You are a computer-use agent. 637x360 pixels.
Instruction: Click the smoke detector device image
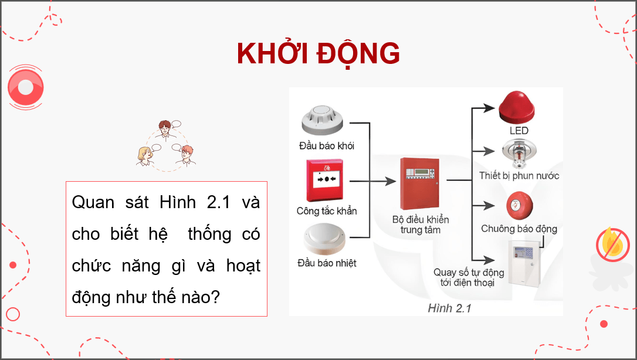point(326,120)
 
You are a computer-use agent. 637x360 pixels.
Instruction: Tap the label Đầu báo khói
point(327,145)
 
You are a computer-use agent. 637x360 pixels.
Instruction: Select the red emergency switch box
point(327,178)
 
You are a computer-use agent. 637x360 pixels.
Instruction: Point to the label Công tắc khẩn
point(327,210)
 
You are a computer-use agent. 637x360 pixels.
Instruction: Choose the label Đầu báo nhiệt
point(327,263)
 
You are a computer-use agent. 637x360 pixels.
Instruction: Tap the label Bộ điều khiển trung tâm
point(421,225)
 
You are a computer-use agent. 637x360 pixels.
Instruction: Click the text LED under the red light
point(519,130)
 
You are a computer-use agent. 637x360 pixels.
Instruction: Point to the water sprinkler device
point(519,154)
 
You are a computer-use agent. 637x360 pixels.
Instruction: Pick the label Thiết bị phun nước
point(519,175)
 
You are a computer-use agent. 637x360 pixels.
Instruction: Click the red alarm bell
point(519,205)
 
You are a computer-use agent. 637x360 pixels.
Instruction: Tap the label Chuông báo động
point(519,229)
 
